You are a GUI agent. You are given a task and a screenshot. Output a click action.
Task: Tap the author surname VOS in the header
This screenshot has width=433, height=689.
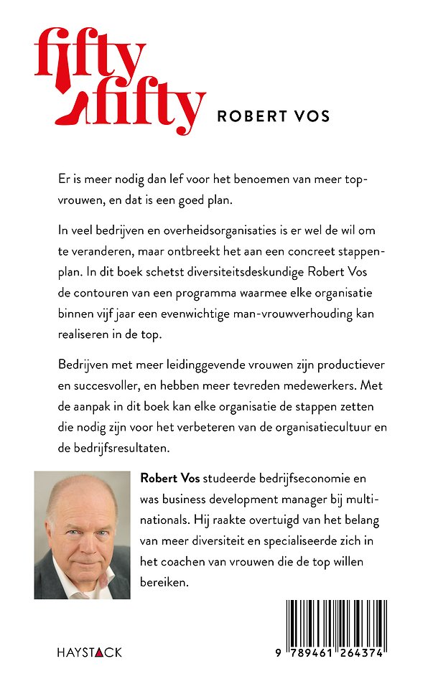(308, 116)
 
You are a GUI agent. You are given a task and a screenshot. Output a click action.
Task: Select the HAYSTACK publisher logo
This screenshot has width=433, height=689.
(89, 652)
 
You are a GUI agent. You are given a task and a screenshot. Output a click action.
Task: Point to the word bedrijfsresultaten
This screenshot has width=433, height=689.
(121, 449)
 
